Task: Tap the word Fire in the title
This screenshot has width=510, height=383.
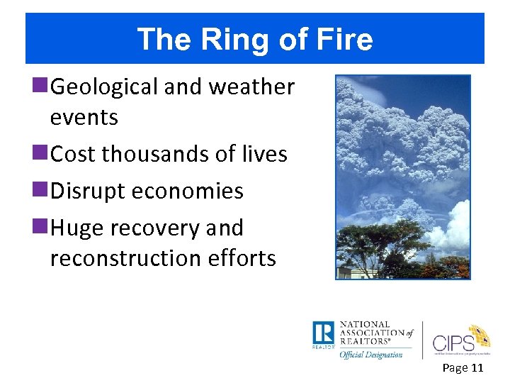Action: pyautogui.click(x=345, y=40)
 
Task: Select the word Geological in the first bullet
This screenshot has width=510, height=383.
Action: pyautogui.click(x=105, y=87)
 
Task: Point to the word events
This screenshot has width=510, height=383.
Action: pyautogui.click(x=84, y=117)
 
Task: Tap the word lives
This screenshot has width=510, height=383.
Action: pyautogui.click(x=262, y=154)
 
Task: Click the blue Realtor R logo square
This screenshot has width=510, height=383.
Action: pyautogui.click(x=323, y=334)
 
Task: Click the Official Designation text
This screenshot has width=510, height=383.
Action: pyautogui.click(x=370, y=354)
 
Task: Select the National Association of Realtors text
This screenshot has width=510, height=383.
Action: pyautogui.click(x=374, y=333)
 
